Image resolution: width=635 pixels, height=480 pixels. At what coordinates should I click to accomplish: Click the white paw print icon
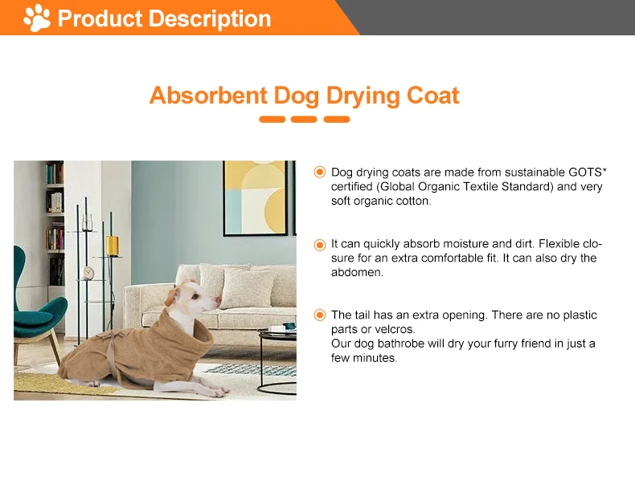37,18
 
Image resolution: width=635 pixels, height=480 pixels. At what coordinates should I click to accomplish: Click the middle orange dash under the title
304,120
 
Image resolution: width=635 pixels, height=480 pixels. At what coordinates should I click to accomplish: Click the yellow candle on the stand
113,244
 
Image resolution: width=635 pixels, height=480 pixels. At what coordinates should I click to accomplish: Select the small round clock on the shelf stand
88,273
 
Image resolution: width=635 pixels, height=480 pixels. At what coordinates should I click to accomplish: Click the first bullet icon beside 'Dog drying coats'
319,172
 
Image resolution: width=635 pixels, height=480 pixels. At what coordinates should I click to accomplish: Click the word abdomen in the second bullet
357,272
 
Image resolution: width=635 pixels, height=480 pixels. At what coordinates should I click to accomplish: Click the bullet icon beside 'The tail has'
319,315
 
